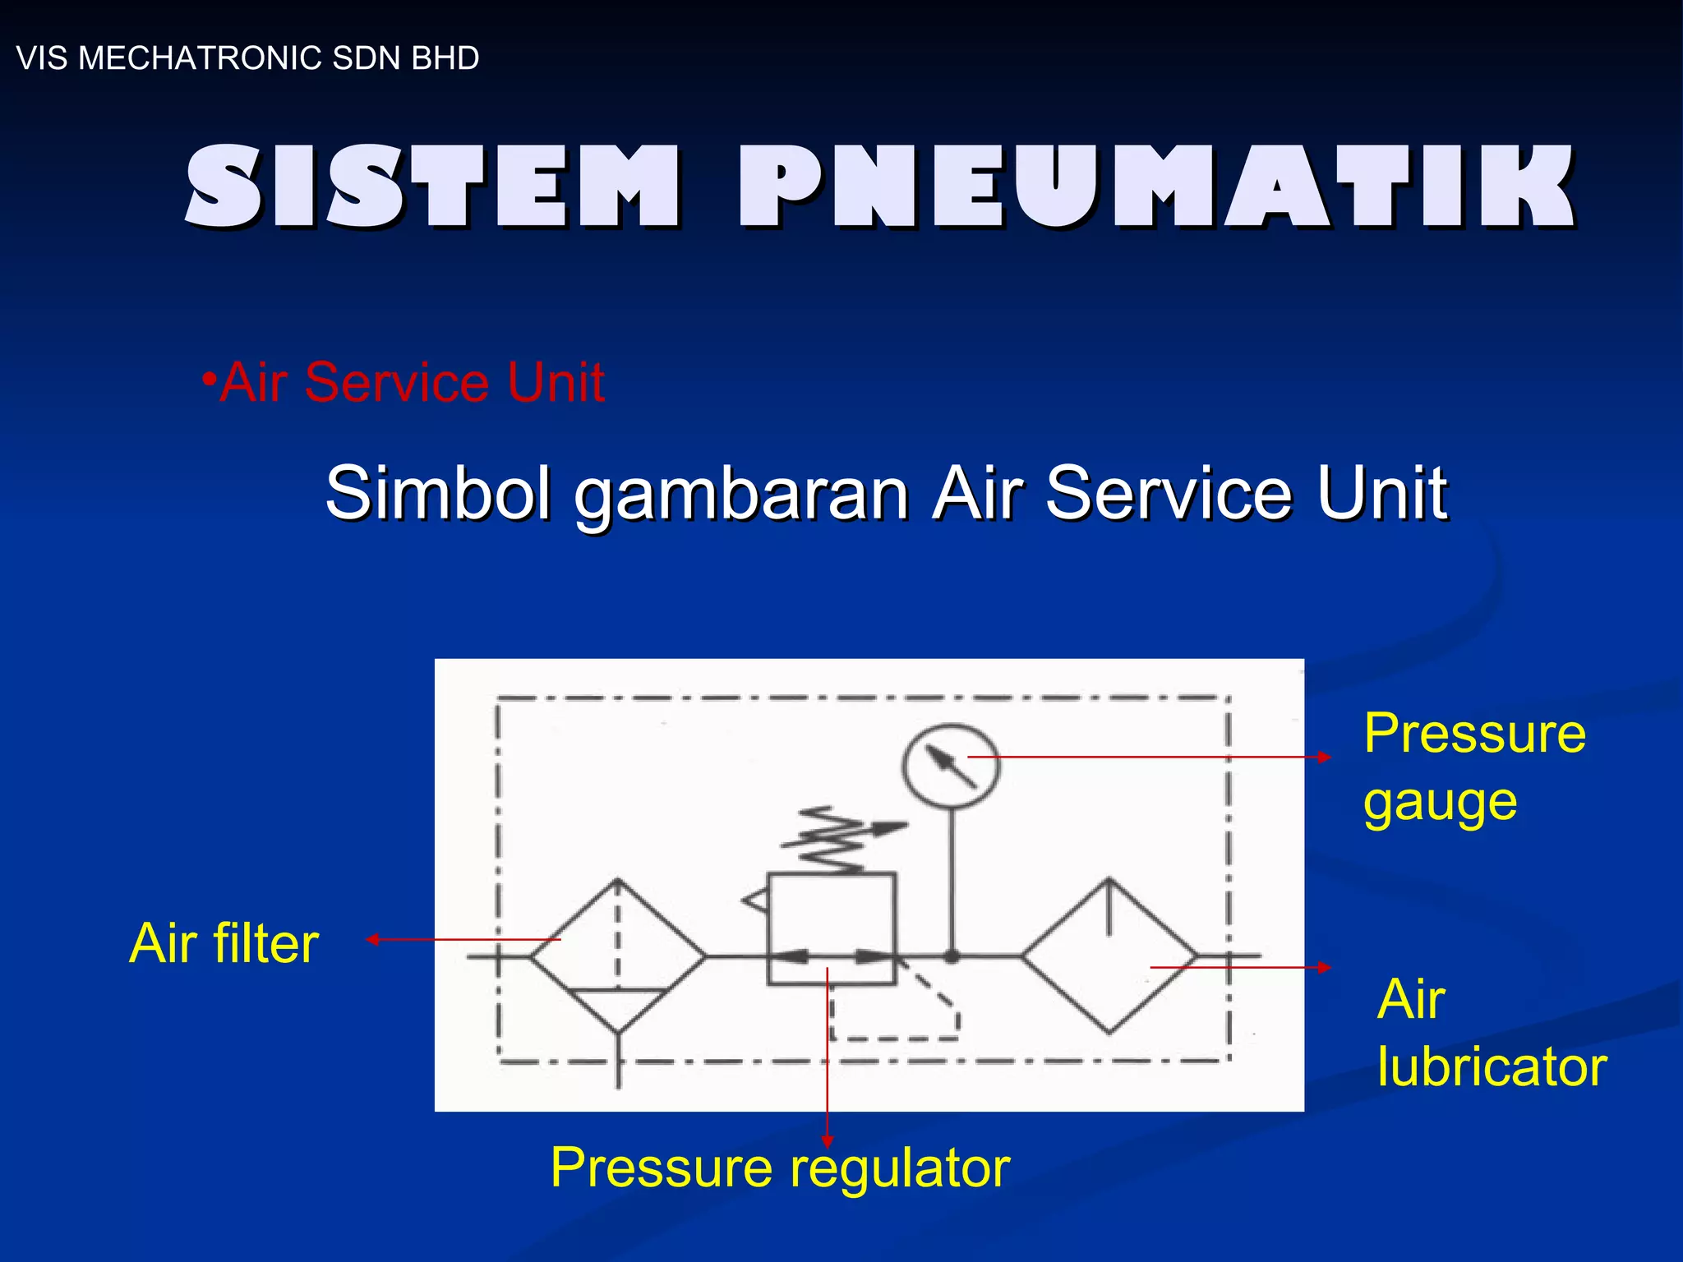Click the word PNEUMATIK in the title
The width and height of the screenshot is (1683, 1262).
(1157, 187)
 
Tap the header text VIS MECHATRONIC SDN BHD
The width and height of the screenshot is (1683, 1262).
(247, 58)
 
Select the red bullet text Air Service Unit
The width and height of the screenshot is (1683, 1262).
(404, 382)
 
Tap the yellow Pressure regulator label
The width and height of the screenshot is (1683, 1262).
(780, 1168)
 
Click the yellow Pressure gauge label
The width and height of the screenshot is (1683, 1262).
(1473, 766)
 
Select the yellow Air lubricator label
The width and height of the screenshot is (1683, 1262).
(1491, 1033)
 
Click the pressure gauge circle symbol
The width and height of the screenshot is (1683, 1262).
(951, 766)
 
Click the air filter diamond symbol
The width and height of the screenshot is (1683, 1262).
(618, 956)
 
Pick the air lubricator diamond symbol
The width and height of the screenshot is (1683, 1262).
(1109, 956)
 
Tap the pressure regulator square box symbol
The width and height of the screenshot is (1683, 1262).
(831, 928)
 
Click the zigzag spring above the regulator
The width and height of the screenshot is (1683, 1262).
(832, 840)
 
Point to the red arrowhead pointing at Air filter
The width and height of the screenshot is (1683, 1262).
(372, 940)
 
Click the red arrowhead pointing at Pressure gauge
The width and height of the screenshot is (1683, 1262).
(1325, 757)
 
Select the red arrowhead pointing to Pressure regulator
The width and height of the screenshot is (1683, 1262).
(828, 1141)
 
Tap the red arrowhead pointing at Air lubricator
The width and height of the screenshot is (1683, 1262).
(1325, 968)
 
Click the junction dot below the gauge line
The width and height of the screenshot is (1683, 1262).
(952, 956)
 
